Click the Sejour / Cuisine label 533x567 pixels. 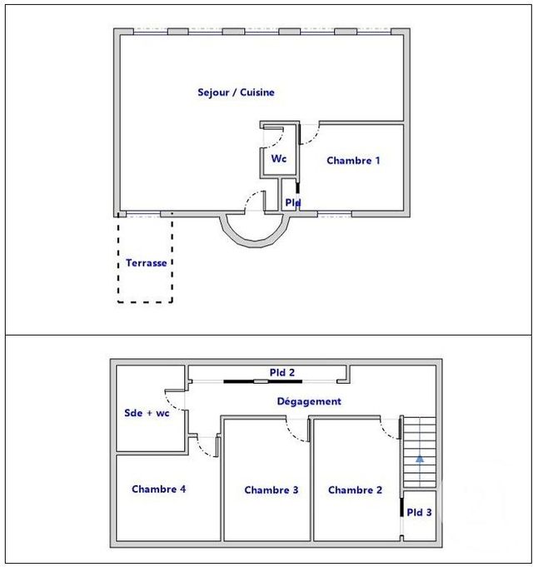click(x=236, y=92)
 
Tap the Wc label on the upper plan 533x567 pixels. click(x=278, y=158)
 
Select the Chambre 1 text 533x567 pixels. click(x=353, y=161)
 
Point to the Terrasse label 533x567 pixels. click(x=147, y=263)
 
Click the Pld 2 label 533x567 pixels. click(x=281, y=372)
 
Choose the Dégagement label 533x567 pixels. click(x=309, y=401)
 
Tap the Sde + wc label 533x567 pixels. click(x=147, y=413)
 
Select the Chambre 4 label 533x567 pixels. click(x=159, y=490)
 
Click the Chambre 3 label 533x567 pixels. click(x=271, y=490)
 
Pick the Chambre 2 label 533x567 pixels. click(x=355, y=490)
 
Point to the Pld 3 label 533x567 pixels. click(x=419, y=512)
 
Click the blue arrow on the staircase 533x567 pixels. click(x=420, y=457)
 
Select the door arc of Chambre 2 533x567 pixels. click(x=387, y=427)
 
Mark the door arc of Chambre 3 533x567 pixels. click(x=296, y=427)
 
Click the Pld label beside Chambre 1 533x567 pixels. click(x=292, y=202)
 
